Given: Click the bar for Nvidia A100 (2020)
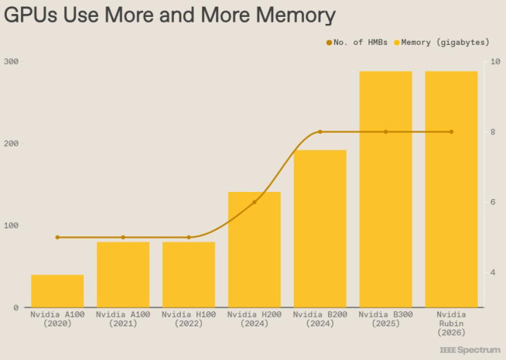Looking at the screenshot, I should (57, 291).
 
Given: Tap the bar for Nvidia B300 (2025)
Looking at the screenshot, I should (386, 189).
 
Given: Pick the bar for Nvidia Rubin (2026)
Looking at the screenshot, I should (451, 189).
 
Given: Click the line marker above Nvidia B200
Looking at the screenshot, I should (320, 131).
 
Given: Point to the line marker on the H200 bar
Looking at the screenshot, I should (254, 202).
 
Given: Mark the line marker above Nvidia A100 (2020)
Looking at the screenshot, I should (58, 237).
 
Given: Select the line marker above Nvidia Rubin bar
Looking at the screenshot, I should (451, 131).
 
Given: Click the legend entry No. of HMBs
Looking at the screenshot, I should (357, 43).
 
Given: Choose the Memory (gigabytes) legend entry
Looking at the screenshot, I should (445, 43).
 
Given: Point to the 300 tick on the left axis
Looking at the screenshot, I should (11, 61).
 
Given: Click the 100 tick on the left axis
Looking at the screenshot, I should (11, 225).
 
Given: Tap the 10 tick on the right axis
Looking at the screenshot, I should (495, 61).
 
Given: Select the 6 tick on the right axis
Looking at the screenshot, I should (493, 202).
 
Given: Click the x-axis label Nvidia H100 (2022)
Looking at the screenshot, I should (189, 319).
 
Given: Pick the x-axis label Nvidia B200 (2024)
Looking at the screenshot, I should (320, 319).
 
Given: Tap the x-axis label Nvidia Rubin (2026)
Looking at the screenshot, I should (451, 323).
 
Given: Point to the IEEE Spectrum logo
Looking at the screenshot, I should (470, 349).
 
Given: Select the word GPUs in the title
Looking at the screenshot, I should (32, 15).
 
